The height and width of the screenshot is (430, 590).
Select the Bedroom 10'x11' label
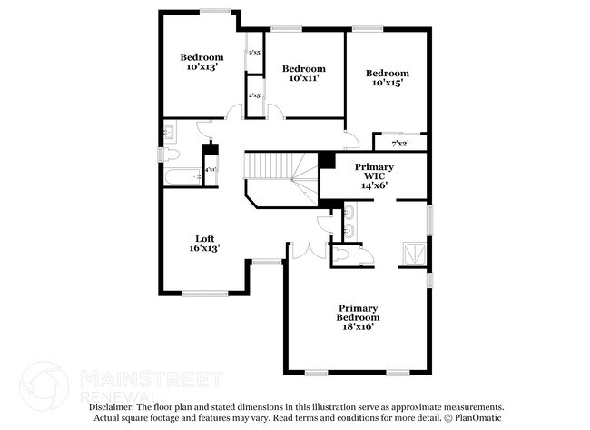[x=303, y=74]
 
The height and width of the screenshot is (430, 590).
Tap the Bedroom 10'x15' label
[x=387, y=77]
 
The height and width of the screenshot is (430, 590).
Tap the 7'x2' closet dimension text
[x=399, y=144]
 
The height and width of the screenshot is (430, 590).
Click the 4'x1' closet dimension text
[x=210, y=170]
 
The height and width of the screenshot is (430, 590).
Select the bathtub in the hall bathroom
[x=181, y=175]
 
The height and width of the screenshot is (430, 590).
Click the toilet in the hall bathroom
[x=169, y=153]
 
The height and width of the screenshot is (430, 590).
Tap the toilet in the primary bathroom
[x=343, y=255]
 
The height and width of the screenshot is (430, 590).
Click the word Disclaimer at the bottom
[x=112, y=407]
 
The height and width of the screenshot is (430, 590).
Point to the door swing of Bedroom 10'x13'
[x=235, y=112]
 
